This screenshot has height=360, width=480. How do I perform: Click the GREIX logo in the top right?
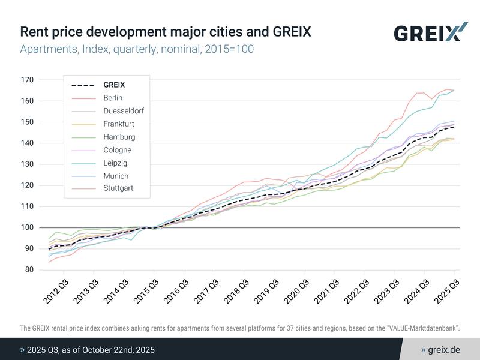pyautogui.click(x=430, y=32)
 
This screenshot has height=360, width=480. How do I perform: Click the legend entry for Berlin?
pyautogui.click(x=113, y=98)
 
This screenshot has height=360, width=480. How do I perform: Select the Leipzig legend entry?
pyautogui.click(x=115, y=163)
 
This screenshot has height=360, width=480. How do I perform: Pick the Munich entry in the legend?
pyautogui.click(x=115, y=176)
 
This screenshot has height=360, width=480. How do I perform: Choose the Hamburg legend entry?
pyautogui.click(x=119, y=137)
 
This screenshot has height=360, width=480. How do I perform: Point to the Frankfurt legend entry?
pyautogui.click(x=119, y=124)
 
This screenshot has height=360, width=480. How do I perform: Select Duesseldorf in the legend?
pyautogui.click(x=123, y=111)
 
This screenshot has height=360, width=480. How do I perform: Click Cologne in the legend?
pyautogui.click(x=117, y=150)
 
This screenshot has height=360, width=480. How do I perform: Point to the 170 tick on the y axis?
pyautogui.click(x=28, y=80)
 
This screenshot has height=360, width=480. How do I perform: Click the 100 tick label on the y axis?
pyautogui.click(x=28, y=227)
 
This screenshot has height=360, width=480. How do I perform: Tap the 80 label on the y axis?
pyautogui.click(x=29, y=270)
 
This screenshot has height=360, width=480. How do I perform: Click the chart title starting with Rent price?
pyautogui.click(x=166, y=31)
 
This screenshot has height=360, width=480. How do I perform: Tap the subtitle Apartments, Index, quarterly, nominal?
pyautogui.click(x=137, y=49)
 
